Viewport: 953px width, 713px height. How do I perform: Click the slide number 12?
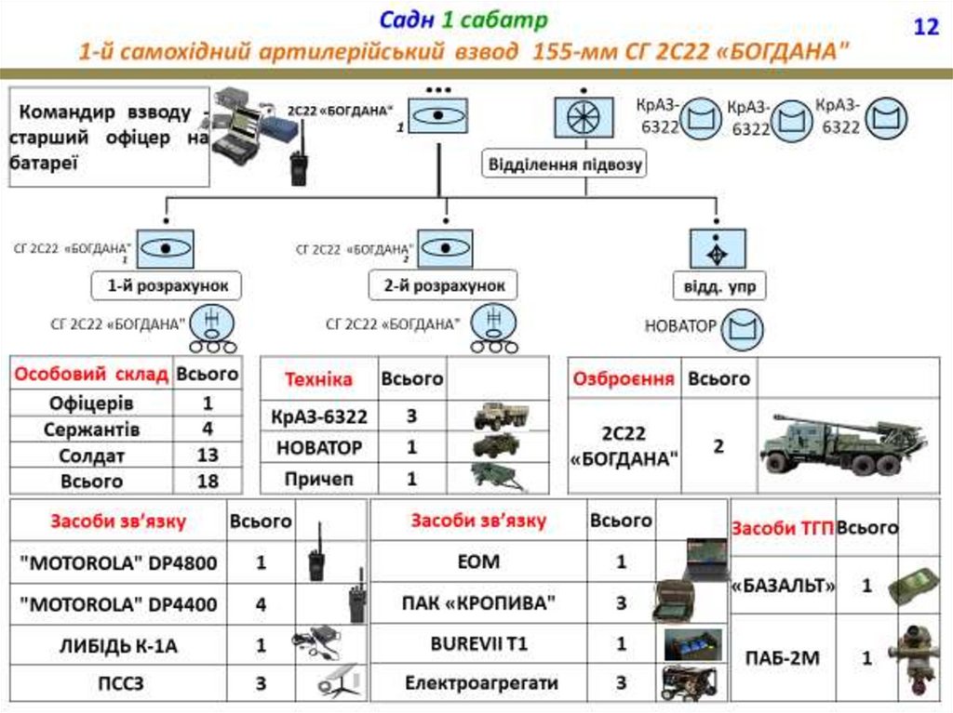click(926, 27)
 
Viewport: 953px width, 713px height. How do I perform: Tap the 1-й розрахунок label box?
click(166, 286)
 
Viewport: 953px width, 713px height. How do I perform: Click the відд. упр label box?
click(719, 286)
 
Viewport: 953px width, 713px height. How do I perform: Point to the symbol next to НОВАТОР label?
click(745, 327)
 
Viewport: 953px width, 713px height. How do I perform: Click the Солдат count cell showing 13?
click(208, 456)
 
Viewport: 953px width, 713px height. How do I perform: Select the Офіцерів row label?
click(91, 403)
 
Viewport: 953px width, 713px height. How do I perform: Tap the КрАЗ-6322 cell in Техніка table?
click(318, 416)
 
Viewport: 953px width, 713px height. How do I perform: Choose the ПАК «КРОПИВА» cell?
click(479, 603)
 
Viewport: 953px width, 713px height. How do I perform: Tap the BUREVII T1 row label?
click(479, 643)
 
